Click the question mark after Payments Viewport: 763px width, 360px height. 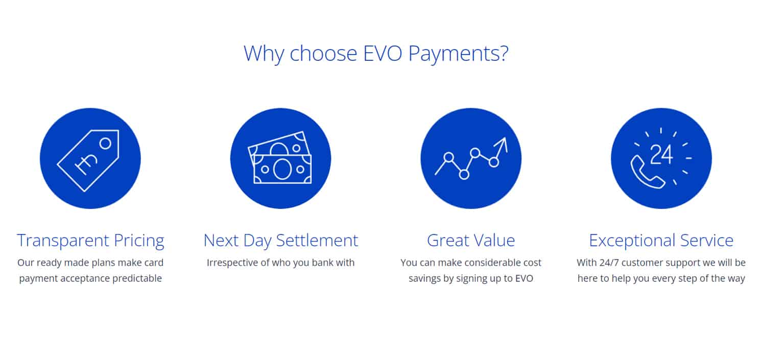coord(504,54)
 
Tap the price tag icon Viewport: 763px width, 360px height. coord(90,158)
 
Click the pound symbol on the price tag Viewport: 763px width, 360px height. coord(84,163)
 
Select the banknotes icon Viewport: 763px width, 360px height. coord(280,158)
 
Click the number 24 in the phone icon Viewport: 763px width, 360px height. coord(662,154)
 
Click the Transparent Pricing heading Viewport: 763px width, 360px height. coord(90,240)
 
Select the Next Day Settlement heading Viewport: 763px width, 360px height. coord(280,240)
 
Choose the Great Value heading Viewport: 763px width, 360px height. coord(471,240)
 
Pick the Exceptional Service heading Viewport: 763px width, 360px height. coord(661,240)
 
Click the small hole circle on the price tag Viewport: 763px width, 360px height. coord(105,143)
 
